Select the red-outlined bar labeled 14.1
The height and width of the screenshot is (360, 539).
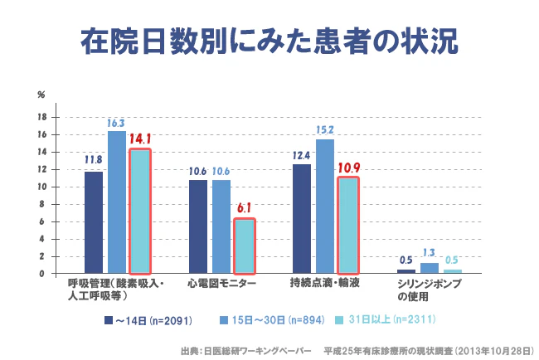tap(140, 211)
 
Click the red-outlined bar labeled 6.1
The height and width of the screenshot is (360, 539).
tap(244, 246)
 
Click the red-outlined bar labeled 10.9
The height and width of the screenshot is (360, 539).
tap(348, 225)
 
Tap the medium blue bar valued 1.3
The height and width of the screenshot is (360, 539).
tap(429, 267)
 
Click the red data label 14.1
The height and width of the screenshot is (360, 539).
tap(140, 139)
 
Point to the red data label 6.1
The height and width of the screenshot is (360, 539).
tap(244, 209)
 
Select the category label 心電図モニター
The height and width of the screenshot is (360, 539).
tap(221, 284)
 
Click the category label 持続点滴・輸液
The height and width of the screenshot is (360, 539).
tap(325, 284)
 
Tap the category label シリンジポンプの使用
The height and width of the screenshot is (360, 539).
tap(430, 289)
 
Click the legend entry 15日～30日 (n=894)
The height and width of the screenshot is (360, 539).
tap(273, 319)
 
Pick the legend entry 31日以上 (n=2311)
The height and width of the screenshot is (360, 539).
tap(389, 319)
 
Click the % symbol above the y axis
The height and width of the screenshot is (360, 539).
tap(41, 95)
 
